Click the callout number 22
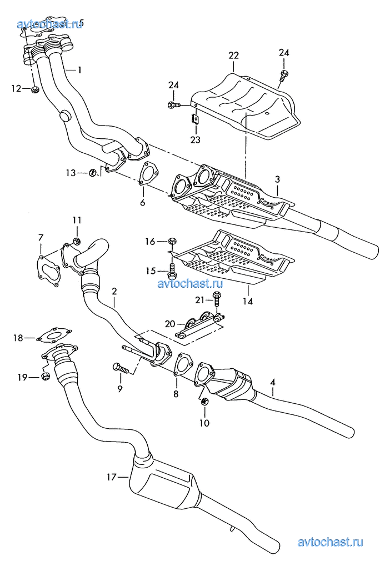pos(233,55)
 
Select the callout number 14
pos(248,302)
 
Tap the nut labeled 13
pos(92,173)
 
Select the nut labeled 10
pos(204,402)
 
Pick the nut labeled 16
pos(172,241)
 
